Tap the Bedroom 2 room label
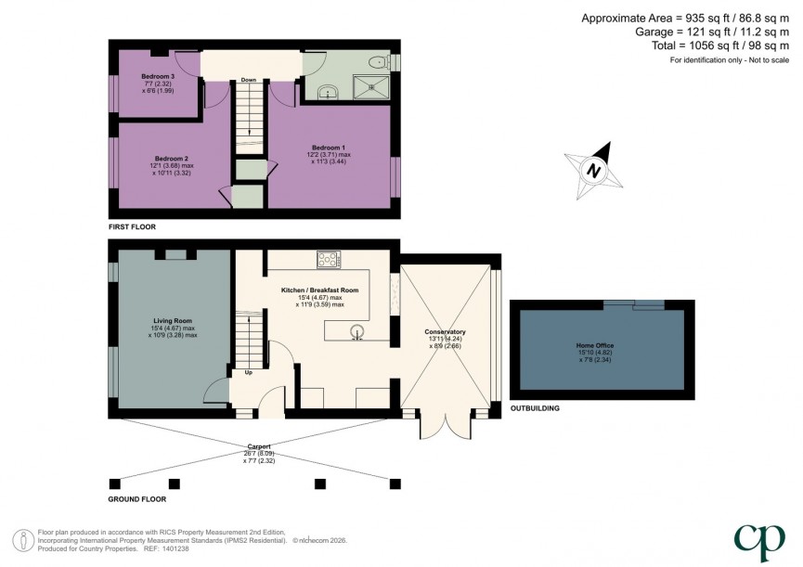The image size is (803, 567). [172, 158]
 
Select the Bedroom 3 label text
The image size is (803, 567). [158, 75]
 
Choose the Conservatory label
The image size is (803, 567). [445, 332]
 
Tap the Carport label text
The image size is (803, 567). [259, 446]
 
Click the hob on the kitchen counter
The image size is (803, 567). [329, 259]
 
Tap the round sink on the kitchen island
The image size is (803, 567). [356, 329]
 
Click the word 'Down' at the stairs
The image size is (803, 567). [248, 80]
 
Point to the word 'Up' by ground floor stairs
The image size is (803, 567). [249, 373]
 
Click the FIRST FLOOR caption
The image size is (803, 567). [132, 226]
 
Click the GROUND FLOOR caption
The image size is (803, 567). [137, 498]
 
